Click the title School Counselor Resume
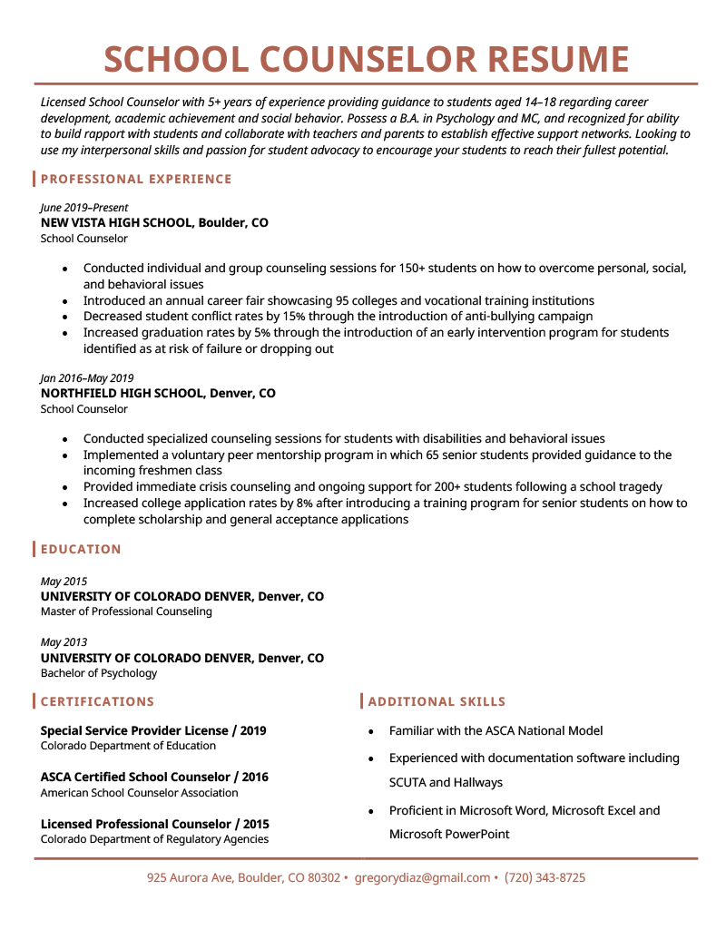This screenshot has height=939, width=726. [366, 59]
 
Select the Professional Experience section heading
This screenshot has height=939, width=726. [136, 179]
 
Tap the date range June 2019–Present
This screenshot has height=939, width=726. [84, 208]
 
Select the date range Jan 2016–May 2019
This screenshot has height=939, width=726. [87, 378]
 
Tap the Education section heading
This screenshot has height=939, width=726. [81, 549]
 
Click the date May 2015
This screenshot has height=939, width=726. [64, 582]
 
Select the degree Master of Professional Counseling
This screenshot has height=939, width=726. [126, 611]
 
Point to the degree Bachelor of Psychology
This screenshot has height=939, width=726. [99, 673]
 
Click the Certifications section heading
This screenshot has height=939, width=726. [97, 701]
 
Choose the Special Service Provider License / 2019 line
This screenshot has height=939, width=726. [153, 731]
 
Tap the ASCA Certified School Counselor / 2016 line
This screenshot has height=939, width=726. [154, 778]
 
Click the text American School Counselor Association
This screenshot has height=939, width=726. [139, 793]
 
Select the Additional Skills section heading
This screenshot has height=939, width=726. [437, 701]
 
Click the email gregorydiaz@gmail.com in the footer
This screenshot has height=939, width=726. [422, 878]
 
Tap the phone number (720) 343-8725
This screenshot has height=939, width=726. [544, 878]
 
